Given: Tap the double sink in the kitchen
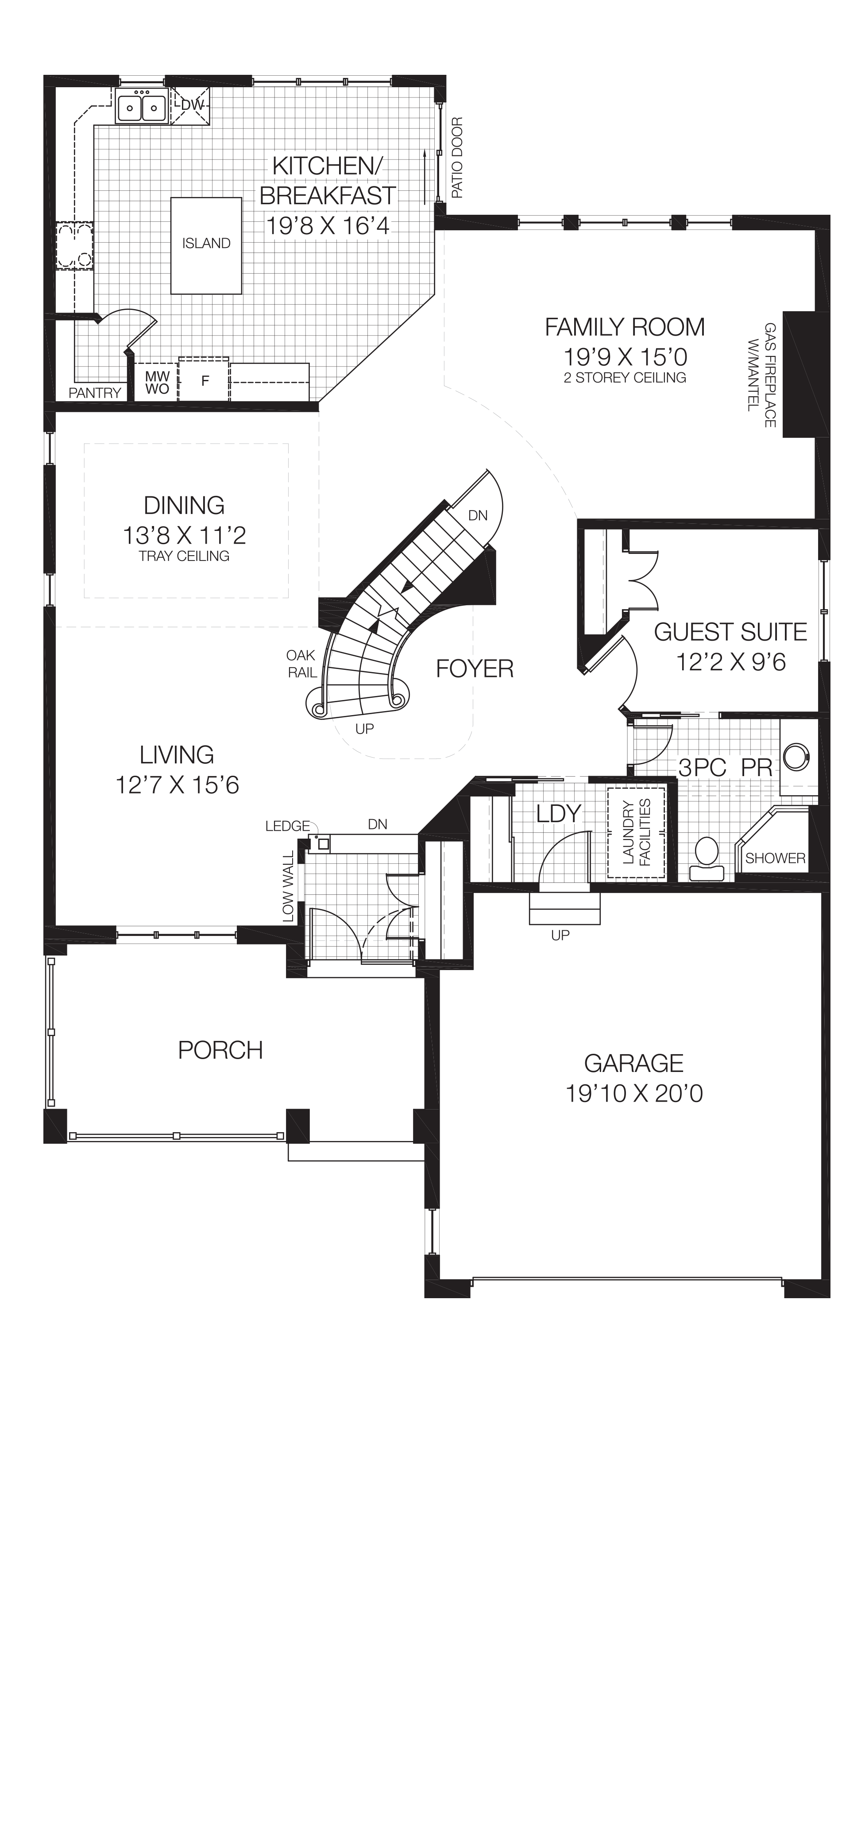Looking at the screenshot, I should point(141,108).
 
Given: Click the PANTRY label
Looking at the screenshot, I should point(95,392).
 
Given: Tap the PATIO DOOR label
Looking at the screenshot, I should point(457,158).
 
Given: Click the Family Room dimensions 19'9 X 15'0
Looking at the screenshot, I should point(625,357).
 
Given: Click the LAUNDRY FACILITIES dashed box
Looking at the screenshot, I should point(636,832).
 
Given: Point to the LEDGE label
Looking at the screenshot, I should point(287,826).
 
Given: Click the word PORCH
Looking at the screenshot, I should point(220,1050).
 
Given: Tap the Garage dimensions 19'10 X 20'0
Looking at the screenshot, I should point(634,1094).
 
